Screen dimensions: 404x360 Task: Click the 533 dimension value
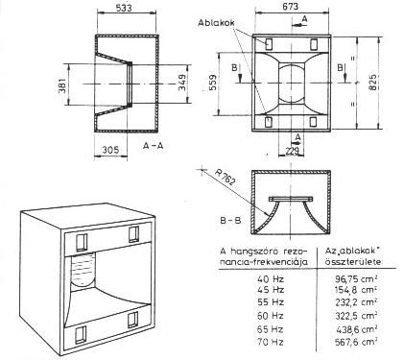coord(124,8)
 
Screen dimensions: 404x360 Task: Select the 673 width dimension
coord(291,6)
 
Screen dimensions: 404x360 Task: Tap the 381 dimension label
coord(61,84)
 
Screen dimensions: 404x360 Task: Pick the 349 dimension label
coord(181,84)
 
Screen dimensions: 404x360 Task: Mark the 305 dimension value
coord(110,150)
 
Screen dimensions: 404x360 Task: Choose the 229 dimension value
coord(292,151)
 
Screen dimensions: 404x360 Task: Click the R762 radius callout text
coord(225,177)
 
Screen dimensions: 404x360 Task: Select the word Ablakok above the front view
coord(216,23)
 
